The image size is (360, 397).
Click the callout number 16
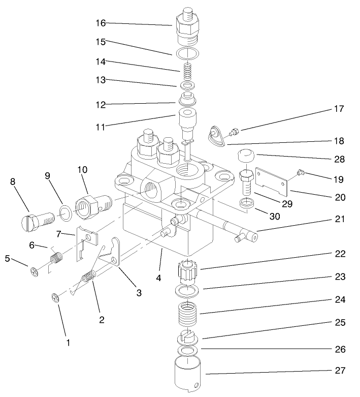tap(102, 22)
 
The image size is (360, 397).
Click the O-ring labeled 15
tap(187, 53)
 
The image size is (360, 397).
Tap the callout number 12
tap(102, 104)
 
